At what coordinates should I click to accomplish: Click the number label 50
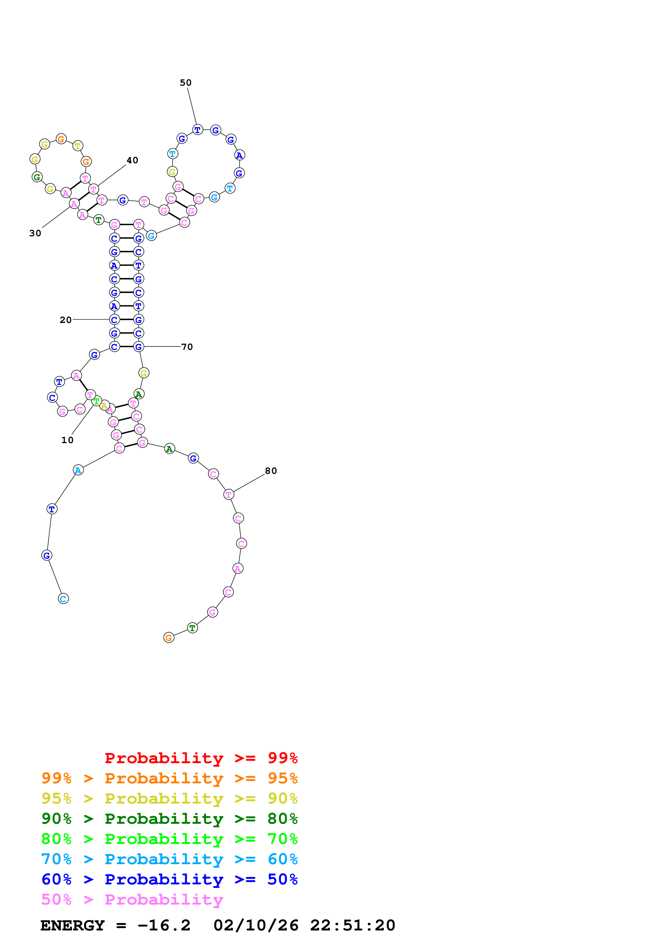[186, 83]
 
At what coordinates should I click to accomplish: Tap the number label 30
[35, 233]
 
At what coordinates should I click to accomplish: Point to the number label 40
[132, 160]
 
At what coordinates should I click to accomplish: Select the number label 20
[65, 320]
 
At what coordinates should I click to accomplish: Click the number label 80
[271, 471]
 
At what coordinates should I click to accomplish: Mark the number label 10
[67, 440]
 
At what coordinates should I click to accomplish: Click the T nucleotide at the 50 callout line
[198, 130]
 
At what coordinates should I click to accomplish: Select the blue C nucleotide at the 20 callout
[115, 320]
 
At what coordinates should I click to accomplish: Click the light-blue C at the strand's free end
[63, 599]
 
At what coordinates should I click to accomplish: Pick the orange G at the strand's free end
[169, 638]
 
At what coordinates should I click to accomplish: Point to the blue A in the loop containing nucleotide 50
[240, 155]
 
